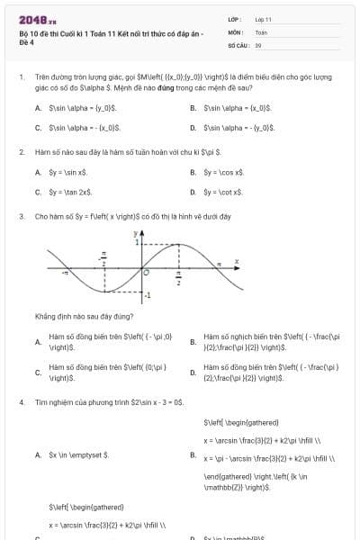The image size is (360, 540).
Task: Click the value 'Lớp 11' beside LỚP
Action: [x=263, y=19]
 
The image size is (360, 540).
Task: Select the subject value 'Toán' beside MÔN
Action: [x=261, y=31]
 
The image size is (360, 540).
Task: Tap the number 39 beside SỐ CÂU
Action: [x=258, y=44]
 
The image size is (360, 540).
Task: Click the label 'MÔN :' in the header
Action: [x=237, y=31]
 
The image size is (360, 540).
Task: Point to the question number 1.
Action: [x=21, y=77]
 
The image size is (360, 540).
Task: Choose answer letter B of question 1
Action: [x=193, y=107]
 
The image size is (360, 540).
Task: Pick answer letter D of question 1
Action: [x=193, y=128]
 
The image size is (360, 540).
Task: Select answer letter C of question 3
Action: [x=38, y=373]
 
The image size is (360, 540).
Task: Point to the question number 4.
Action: [x=21, y=401]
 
